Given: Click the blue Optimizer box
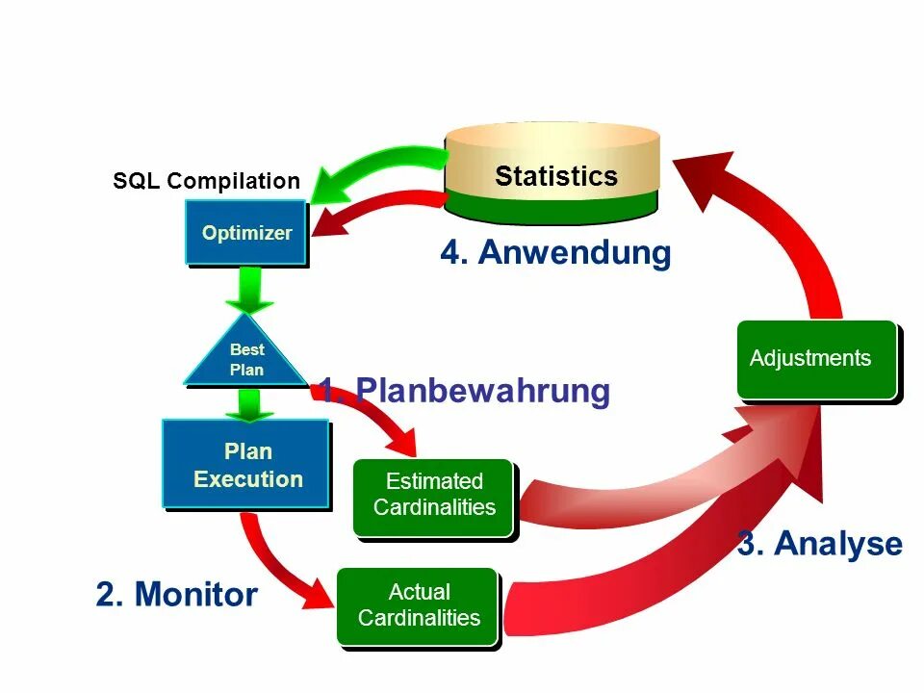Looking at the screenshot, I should click(245, 232).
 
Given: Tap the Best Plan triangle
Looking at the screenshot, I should click(246, 356).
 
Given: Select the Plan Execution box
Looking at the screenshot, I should click(246, 464).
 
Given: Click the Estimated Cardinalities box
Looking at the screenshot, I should click(433, 495).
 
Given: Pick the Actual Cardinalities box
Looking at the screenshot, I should click(418, 605).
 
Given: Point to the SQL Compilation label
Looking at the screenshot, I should click(206, 181).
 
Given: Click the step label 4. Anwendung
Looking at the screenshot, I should click(555, 252).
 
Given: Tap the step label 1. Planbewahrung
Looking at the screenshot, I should click(465, 391).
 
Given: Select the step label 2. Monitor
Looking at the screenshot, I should click(176, 594).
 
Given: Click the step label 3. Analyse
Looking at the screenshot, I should click(820, 544).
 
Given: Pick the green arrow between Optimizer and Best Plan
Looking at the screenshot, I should click(248, 290).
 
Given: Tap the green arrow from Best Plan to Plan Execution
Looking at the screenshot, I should click(248, 404).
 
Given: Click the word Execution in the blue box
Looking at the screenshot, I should click(248, 478).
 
